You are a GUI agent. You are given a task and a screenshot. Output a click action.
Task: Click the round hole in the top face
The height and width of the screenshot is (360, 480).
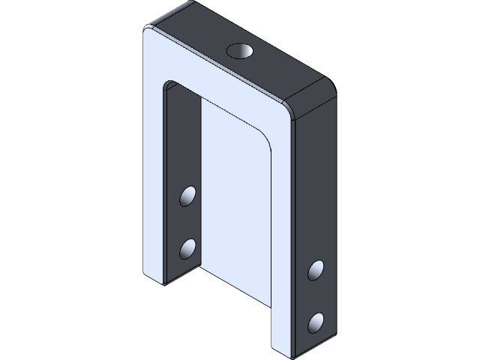click(240, 52)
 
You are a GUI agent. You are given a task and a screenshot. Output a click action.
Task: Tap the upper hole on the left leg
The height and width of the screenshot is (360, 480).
click(187, 196)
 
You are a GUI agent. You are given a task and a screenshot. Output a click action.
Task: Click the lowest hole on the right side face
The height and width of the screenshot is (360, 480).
click(316, 322)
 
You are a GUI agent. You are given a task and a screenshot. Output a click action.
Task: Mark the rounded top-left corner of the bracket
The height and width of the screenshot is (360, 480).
click(151, 28)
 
